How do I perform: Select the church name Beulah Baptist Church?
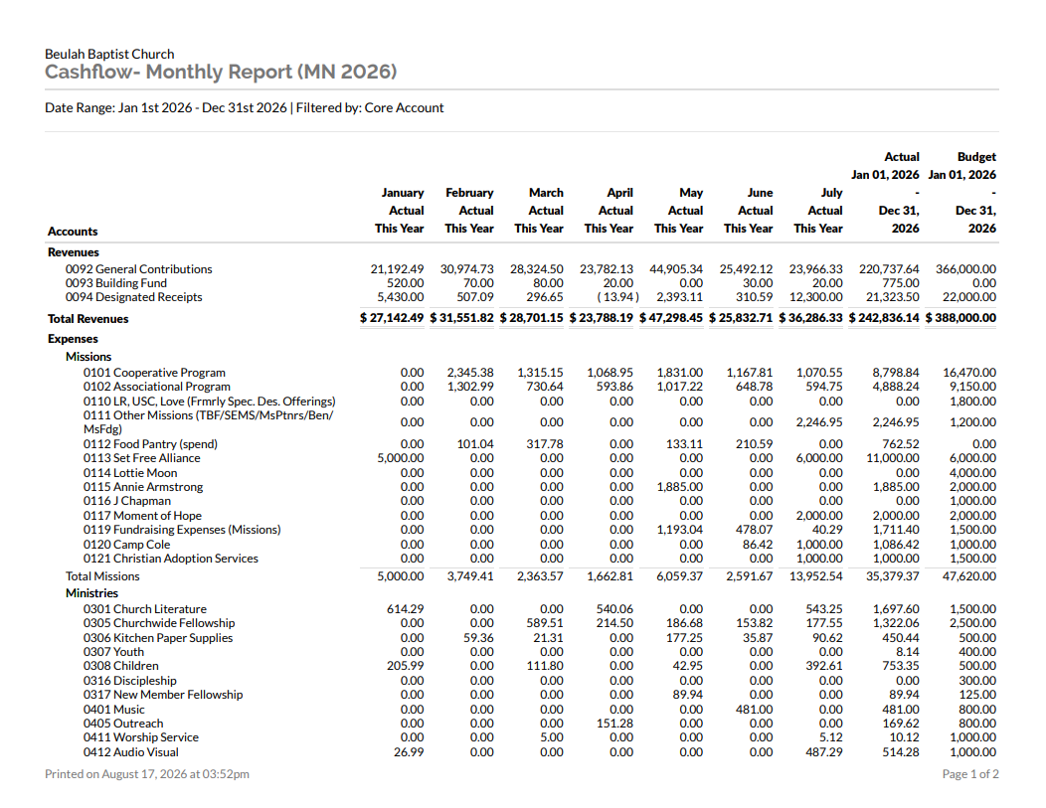pos(109,54)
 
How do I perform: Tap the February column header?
pos(469,193)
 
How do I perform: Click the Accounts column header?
pos(73,232)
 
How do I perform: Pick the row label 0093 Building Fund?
pos(116,283)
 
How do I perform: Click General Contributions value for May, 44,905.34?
pos(676,269)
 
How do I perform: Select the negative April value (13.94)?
pos(617,297)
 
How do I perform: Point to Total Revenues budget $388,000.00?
pos(960,318)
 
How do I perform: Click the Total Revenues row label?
pos(88,319)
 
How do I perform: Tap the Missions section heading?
pos(88,357)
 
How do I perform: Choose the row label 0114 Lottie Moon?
pos(130,473)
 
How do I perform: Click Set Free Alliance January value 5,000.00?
pos(401,459)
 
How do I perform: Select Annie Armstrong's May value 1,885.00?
pos(680,487)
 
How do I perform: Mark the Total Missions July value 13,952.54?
pos(816,576)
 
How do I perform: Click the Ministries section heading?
pos(92,593)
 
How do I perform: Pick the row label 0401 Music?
pos(114,710)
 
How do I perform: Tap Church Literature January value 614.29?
pos(405,609)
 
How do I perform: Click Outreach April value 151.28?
pos(614,724)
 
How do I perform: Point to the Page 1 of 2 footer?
pos(970,774)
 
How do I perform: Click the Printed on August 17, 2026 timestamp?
pos(147,774)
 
